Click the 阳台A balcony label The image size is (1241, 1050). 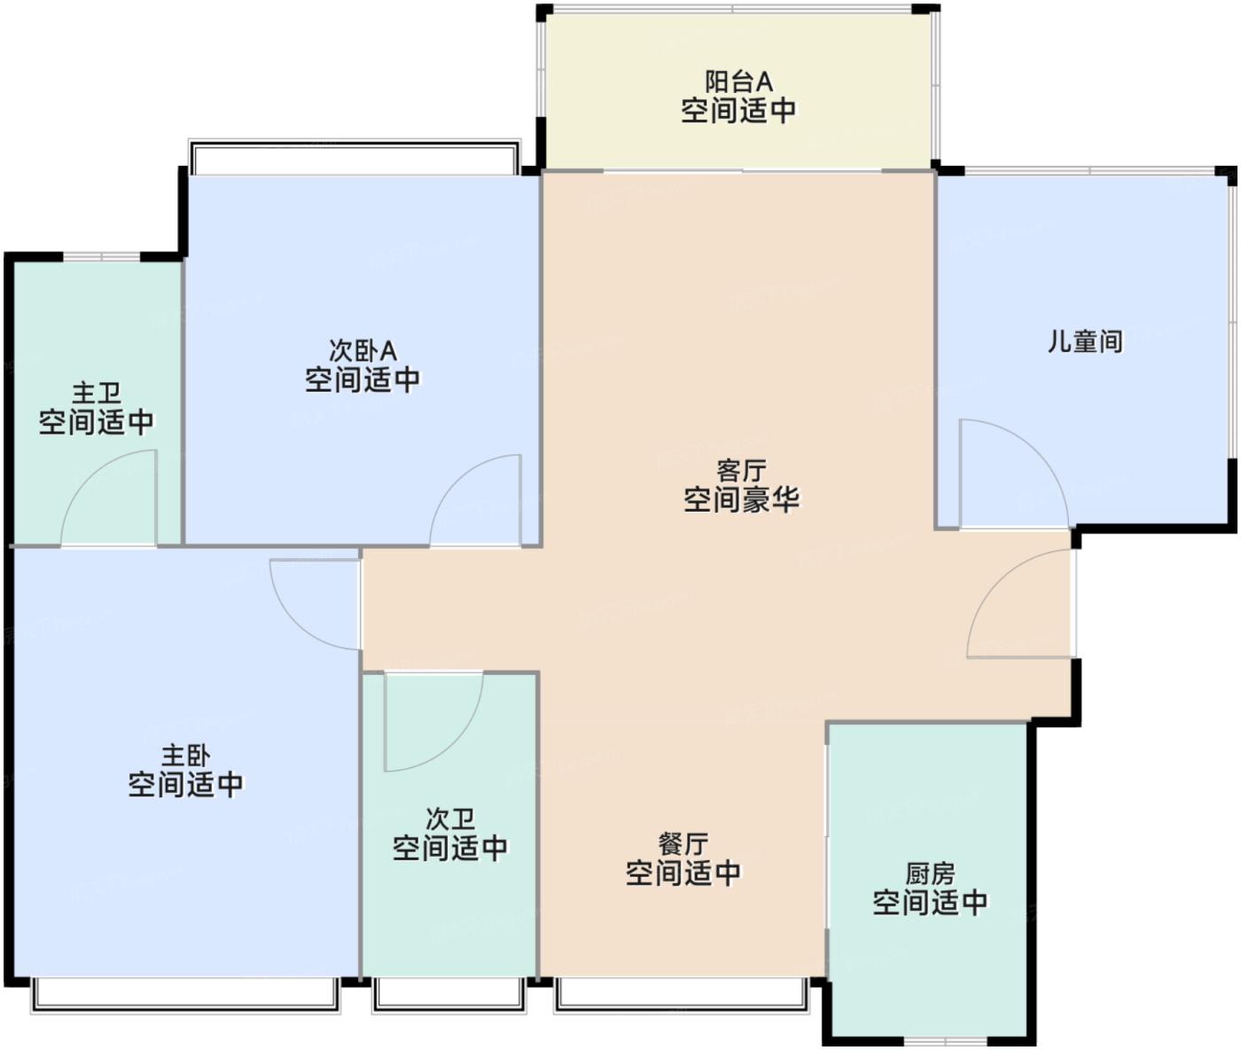[x=738, y=82]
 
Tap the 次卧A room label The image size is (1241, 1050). [x=363, y=351]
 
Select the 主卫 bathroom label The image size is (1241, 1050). [x=96, y=393]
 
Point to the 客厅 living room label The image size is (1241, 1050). [x=741, y=470]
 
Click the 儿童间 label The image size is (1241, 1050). [x=1085, y=341]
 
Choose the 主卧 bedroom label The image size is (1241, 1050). [x=185, y=756]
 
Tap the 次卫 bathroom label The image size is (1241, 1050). [x=450, y=819]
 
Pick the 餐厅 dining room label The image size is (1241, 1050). [x=683, y=843]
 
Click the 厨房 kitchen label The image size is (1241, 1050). [x=930, y=874]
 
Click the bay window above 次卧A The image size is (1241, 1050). [x=355, y=158]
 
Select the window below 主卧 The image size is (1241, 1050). [x=185, y=994]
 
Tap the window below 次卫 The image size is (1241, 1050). [x=449, y=994]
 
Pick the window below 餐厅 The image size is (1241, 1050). [x=682, y=994]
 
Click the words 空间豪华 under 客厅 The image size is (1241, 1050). [x=741, y=500]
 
